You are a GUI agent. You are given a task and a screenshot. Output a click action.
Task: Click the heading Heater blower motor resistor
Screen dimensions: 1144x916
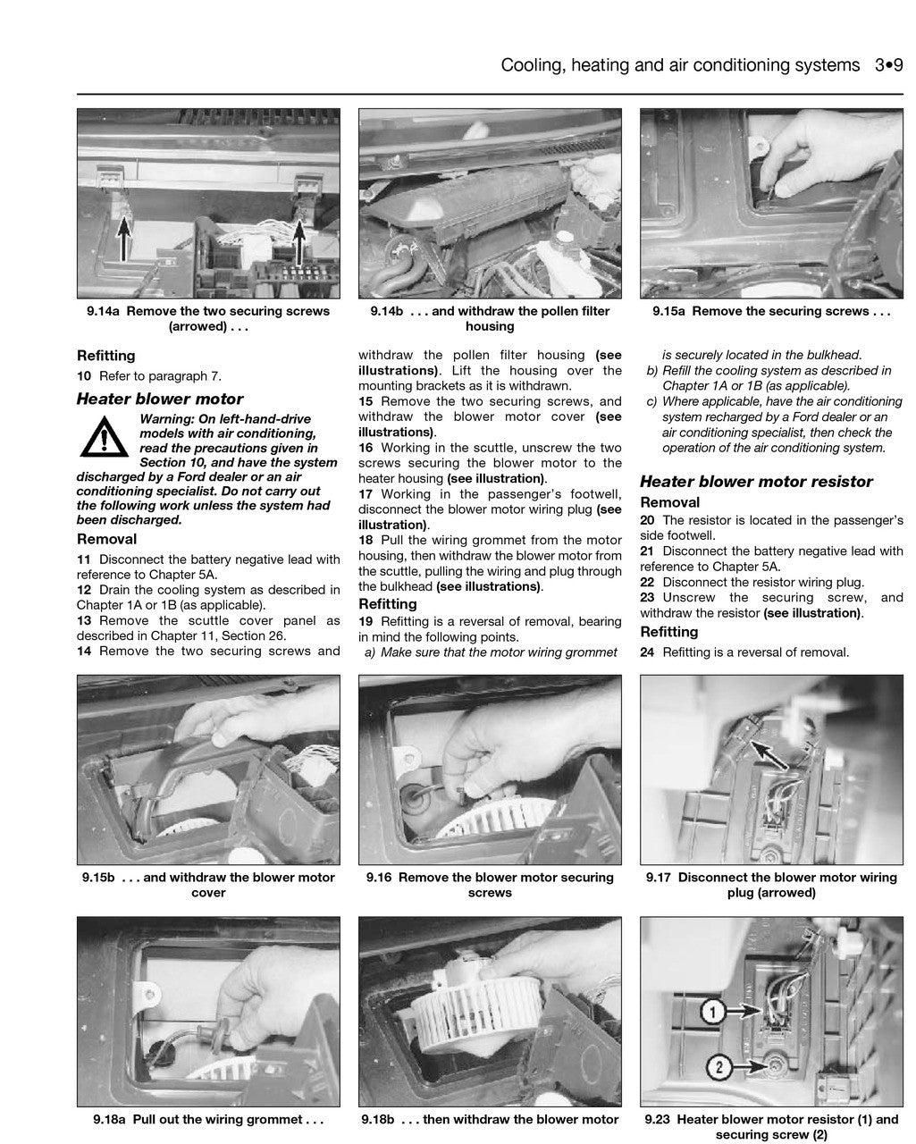click(x=756, y=482)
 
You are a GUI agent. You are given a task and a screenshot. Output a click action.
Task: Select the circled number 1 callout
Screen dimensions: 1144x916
click(x=711, y=1012)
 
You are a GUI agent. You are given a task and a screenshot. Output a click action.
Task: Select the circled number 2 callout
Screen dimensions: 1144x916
click(x=720, y=1066)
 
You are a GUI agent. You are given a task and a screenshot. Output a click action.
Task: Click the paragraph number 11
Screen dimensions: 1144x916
click(x=84, y=559)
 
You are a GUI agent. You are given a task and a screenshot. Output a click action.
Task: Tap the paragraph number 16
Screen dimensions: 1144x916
click(x=366, y=448)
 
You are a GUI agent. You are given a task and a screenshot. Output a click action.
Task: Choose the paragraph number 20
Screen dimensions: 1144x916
click(x=648, y=520)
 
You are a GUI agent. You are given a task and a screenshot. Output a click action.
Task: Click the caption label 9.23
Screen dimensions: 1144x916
click(x=659, y=1119)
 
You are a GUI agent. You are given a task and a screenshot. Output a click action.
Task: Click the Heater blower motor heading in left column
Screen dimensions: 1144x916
click(x=160, y=400)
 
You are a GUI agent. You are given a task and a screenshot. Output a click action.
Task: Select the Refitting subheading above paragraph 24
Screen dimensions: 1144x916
click(x=669, y=632)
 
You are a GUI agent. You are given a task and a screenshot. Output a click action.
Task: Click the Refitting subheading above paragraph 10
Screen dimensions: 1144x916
click(x=106, y=356)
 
